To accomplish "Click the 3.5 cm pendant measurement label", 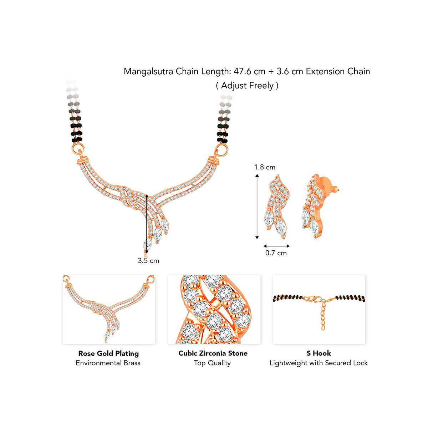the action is [148, 260].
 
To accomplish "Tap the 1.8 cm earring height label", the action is [265, 167].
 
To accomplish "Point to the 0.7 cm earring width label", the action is [276, 253].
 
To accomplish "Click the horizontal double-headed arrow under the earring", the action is [276, 246].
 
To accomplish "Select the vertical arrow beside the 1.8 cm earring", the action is [257, 207].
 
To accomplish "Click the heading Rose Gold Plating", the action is [108, 353].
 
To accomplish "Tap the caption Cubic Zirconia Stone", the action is [213, 353].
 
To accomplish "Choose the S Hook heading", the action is [319, 353].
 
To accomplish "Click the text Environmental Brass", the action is [108, 363].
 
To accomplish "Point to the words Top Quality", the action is [212, 363].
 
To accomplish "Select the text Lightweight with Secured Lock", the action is [319, 363].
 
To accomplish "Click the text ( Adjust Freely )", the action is [247, 86].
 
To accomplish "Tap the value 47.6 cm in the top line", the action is [249, 72].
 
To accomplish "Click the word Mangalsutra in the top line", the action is [149, 72].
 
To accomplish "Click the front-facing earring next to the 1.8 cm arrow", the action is [276, 207].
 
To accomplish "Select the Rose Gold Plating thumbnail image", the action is [109, 309].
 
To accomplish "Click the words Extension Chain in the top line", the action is [338, 72].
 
